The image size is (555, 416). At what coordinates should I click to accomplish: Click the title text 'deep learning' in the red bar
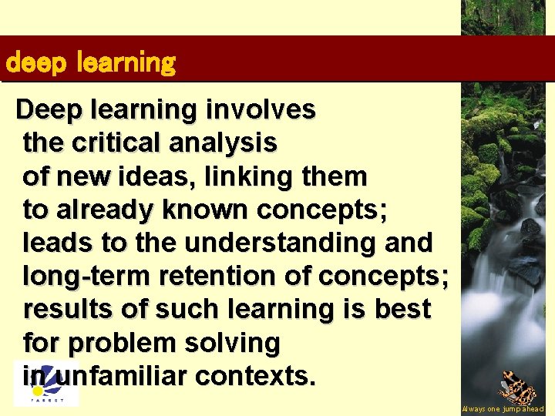click(90, 62)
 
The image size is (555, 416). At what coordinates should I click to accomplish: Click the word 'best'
click(402, 309)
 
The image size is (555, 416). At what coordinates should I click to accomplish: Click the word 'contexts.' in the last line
click(255, 376)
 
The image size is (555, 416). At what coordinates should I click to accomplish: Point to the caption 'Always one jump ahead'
click(503, 409)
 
